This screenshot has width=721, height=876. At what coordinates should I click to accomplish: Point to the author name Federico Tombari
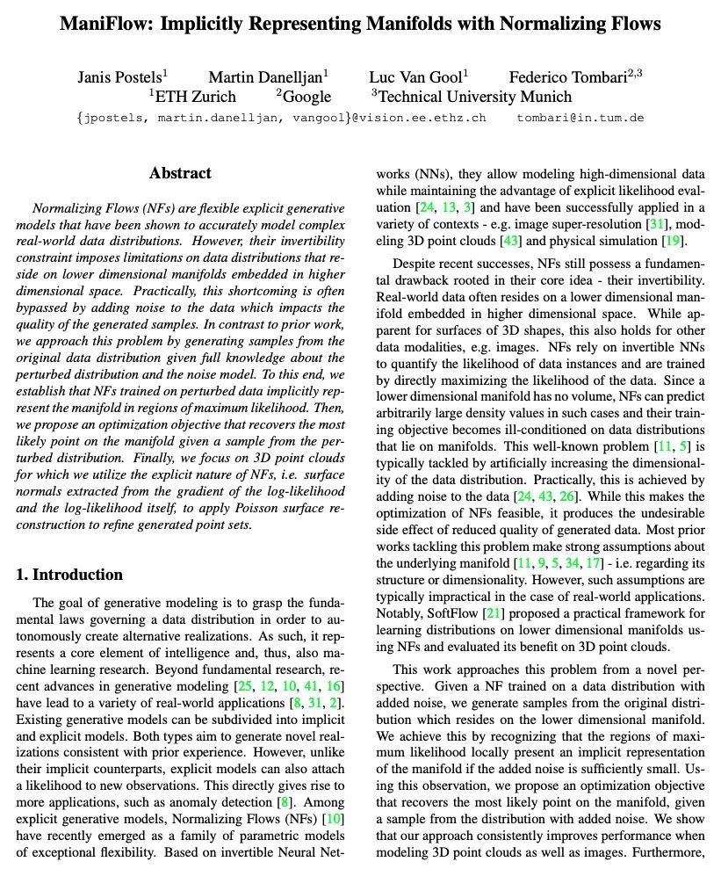(x=570, y=77)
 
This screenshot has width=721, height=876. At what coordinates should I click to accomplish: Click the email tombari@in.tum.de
(x=580, y=117)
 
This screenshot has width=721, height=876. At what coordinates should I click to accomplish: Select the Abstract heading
(x=180, y=173)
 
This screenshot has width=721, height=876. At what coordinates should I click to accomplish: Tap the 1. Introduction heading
(x=70, y=575)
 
